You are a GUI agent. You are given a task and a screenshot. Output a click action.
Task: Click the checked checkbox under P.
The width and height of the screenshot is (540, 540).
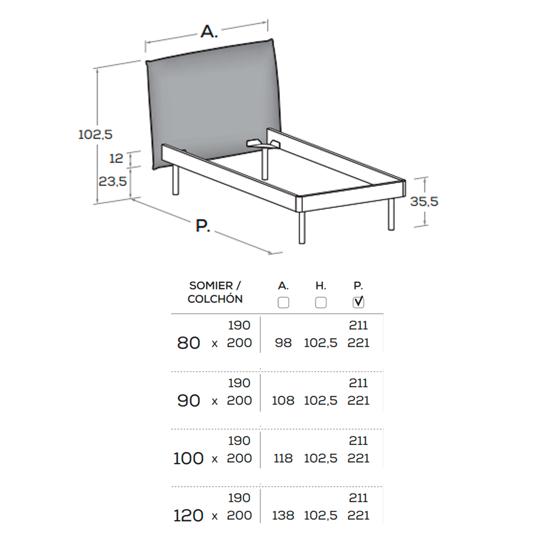coord(358,302)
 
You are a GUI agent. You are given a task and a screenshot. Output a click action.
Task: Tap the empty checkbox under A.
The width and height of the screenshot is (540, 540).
coord(283,302)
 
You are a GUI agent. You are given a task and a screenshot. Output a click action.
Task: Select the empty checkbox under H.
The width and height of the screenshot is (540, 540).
coord(321,302)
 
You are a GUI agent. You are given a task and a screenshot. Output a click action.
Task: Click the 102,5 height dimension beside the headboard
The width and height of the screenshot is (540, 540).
coord(96,134)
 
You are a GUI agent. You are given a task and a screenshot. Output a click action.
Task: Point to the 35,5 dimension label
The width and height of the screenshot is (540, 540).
coord(424,201)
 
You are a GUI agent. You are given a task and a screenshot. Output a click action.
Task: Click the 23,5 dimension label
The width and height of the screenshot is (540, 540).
coord(113,181)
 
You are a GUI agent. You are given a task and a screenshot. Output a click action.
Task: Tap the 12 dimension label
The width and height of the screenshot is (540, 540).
coord(116,158)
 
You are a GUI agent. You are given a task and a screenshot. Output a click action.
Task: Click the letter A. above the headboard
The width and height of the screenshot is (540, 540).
coord(210,32)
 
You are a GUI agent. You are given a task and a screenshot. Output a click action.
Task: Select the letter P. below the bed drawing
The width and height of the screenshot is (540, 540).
coord(203,226)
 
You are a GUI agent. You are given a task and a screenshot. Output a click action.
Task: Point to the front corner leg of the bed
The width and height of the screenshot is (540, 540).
coord(302,228)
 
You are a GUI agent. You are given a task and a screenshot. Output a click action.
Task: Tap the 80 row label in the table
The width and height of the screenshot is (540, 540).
coord(188,343)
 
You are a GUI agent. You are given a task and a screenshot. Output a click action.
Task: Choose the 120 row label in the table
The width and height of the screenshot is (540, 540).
coord(188,516)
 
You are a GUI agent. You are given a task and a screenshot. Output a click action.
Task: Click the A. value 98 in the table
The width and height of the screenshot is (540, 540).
coord(283,343)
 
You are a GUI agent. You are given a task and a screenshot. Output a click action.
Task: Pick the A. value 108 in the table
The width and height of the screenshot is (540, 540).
coord(283,401)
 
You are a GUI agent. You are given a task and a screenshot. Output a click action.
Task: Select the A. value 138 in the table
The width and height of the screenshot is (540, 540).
coord(283,516)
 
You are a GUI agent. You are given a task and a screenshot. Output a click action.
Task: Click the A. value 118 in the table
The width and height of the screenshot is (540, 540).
coord(283,458)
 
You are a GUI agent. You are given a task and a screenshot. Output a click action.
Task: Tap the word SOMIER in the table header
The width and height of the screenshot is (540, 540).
coord(211,286)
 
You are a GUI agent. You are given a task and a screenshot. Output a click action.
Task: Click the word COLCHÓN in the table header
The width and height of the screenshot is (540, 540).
coord(215,299)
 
